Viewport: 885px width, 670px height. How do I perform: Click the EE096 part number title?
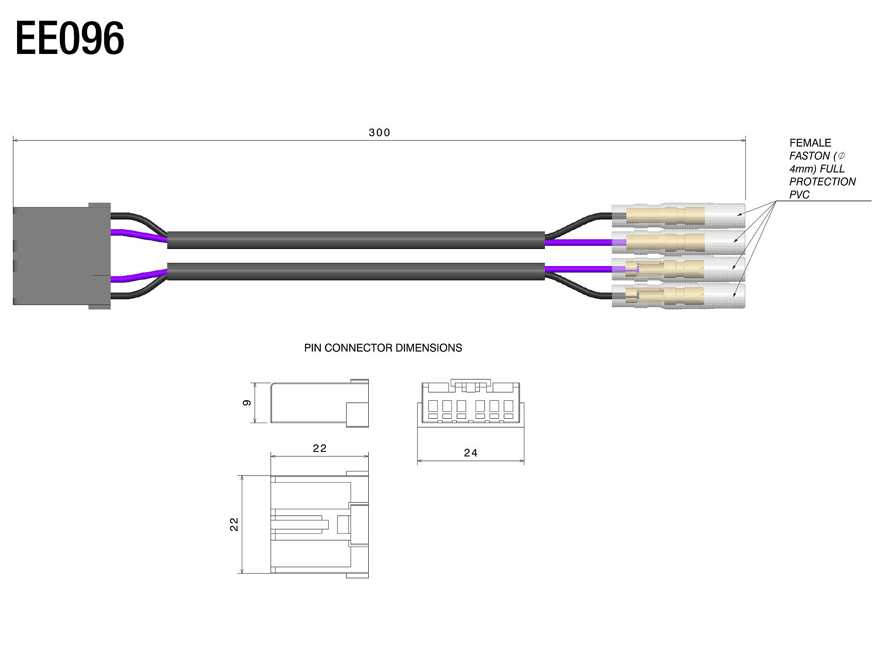coord(70,38)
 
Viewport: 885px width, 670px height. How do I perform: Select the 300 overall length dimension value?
coord(379,133)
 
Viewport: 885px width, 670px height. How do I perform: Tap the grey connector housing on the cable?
coord(62,256)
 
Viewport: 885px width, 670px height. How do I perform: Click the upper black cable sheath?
coord(356,240)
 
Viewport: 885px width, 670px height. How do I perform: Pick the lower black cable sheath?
coord(356,272)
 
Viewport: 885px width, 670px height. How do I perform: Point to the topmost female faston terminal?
coord(678,215)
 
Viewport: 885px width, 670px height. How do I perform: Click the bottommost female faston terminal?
coord(678,296)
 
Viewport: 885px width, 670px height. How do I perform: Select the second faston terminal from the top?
coord(678,243)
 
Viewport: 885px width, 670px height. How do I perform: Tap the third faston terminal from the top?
coord(678,269)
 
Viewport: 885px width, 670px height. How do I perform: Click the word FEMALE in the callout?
coord(810,143)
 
